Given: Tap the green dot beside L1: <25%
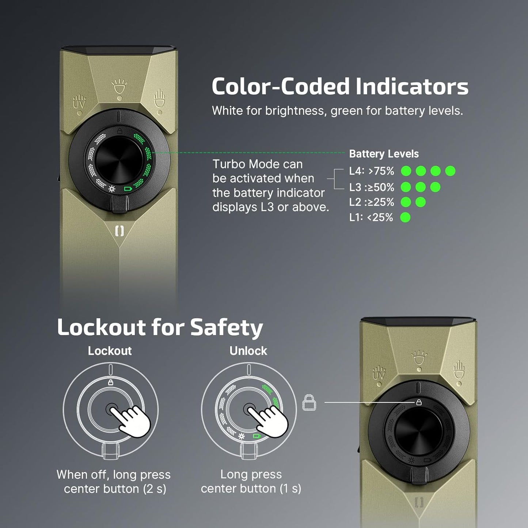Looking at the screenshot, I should click(x=405, y=218).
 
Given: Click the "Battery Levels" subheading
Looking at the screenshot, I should click(x=384, y=154).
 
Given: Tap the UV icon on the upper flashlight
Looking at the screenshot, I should click(x=79, y=103).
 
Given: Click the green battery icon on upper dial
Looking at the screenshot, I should click(x=127, y=189).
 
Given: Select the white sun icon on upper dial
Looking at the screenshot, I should click(x=112, y=189).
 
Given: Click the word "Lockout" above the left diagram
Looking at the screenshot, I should click(x=110, y=351).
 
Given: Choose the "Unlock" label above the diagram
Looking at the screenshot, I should click(x=248, y=351).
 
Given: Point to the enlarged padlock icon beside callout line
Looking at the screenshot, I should click(x=309, y=402).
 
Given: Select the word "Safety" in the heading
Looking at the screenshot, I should click(x=227, y=327).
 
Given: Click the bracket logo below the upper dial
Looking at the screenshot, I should click(x=119, y=231).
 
